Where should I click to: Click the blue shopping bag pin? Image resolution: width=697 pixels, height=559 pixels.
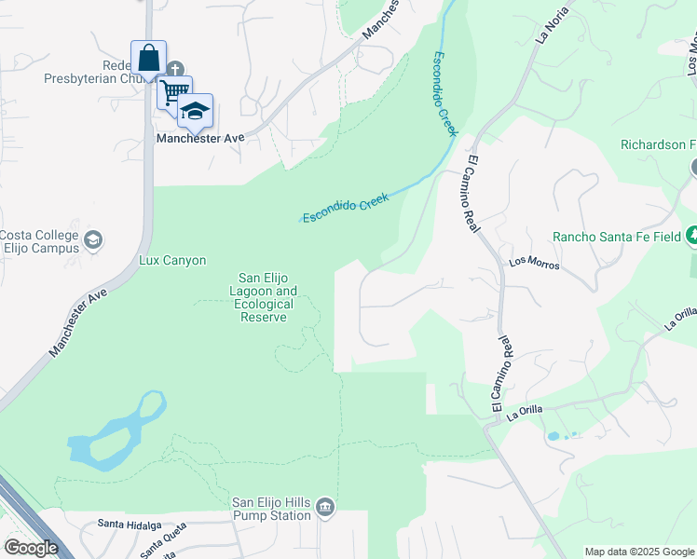pos(148,59)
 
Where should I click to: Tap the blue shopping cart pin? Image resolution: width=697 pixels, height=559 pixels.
pos(173,92)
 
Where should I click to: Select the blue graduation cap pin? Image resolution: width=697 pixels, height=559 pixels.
pos(195,111)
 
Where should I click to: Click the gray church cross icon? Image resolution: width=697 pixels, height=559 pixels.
pos(175,68)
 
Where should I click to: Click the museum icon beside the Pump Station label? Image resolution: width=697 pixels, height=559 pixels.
pos(324,507)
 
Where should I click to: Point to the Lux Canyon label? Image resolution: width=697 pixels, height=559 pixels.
pos(172,261)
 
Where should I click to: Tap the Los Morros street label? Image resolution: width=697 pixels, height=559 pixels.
pos(534,264)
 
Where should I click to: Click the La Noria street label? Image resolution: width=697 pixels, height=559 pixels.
pos(552,32)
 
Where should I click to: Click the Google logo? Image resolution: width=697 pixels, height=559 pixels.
pos(31,548)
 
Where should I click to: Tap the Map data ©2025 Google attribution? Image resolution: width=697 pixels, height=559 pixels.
pos(638,552)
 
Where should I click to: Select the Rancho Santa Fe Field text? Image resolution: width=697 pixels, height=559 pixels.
pos(617,237)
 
